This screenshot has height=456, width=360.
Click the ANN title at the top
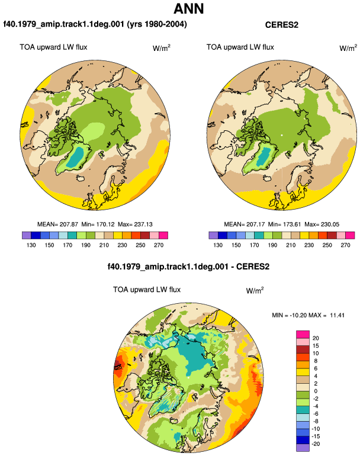coord(188,8)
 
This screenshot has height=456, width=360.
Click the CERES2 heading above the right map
coord(281,25)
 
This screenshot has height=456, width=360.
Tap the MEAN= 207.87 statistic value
coord(57,224)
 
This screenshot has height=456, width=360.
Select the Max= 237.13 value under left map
coord(135,224)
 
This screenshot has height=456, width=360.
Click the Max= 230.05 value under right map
coord(322,224)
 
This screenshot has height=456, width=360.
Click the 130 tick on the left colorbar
coord(31,245)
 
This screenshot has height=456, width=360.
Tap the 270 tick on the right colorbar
coord(345,245)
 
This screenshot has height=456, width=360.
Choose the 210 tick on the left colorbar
coord(104,245)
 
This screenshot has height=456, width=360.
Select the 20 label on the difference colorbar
coord(316,338)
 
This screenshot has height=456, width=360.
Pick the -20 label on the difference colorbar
coord(315,444)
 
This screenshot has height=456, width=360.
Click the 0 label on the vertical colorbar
coord(316,391)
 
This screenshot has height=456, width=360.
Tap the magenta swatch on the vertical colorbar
coord(303,335)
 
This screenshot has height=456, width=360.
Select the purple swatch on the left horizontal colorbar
coord(27,235)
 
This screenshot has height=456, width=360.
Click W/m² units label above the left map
coord(162,48)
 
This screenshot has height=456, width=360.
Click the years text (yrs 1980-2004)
coord(157,24)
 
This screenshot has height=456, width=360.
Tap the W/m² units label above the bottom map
coord(255,290)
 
